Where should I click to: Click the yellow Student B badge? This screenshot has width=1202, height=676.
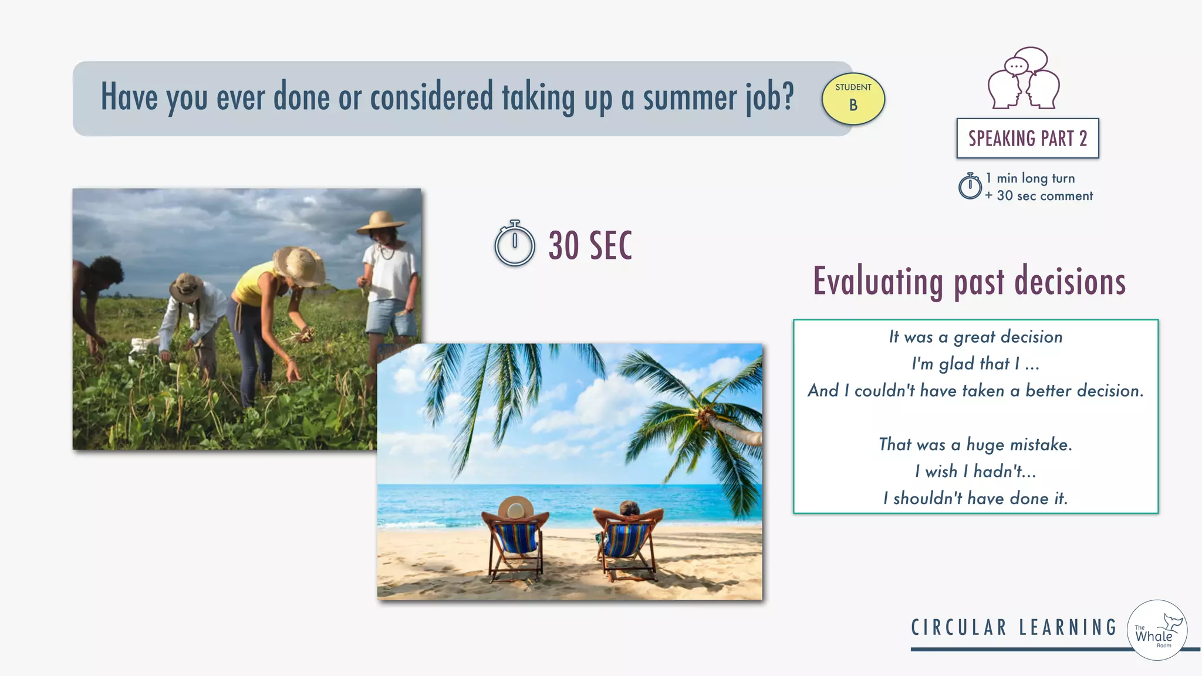point(853,99)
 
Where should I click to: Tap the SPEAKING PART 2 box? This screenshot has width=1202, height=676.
point(1027,138)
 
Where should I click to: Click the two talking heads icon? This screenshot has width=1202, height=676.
point(1024,79)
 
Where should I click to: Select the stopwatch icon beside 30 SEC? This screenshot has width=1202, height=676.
point(514,244)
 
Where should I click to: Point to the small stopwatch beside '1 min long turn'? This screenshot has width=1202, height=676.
point(970,186)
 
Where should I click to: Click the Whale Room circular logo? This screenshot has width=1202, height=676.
point(1157,630)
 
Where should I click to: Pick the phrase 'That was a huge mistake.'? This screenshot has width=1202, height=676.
point(975,444)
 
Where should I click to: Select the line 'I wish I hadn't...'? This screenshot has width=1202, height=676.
point(975,471)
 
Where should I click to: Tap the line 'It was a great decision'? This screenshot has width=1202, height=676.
point(975,337)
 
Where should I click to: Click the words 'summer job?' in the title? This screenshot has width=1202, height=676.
point(718,97)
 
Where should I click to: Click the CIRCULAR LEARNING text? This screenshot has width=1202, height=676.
point(1014,627)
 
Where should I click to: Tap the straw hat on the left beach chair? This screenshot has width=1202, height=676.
point(515,507)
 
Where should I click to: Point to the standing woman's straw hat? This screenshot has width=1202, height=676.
point(382,222)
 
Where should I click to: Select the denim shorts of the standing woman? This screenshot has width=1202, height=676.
point(390,317)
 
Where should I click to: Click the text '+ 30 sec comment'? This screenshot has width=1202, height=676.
point(1039,196)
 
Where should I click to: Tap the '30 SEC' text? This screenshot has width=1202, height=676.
point(590,245)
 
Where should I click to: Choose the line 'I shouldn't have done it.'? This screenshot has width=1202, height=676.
point(975,498)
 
